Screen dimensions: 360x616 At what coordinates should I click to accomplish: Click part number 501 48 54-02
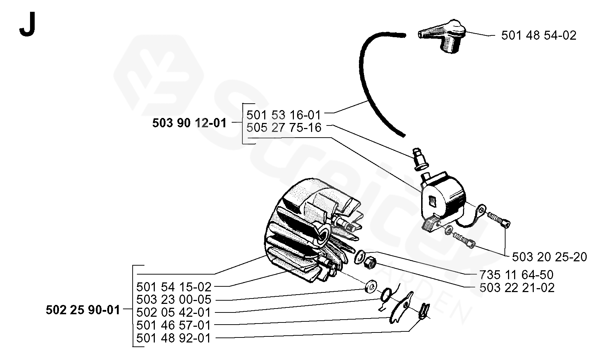click(538, 35)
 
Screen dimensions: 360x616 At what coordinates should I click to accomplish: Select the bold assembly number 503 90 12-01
click(189, 123)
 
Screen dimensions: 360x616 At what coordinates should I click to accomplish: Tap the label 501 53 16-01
click(284, 115)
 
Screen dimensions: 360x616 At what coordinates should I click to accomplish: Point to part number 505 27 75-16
click(284, 128)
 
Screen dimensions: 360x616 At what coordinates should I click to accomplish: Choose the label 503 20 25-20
click(549, 257)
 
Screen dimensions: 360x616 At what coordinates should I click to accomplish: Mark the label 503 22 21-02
click(517, 287)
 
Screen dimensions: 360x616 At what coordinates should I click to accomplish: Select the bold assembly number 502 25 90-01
click(83, 310)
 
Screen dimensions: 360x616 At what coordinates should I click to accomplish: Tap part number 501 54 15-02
click(174, 287)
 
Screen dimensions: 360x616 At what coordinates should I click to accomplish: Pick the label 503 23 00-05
click(174, 300)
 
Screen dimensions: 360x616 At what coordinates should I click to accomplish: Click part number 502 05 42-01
click(174, 312)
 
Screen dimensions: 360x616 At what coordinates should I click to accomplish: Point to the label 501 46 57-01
click(174, 325)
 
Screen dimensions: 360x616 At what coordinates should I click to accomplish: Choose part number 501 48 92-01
click(174, 338)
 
